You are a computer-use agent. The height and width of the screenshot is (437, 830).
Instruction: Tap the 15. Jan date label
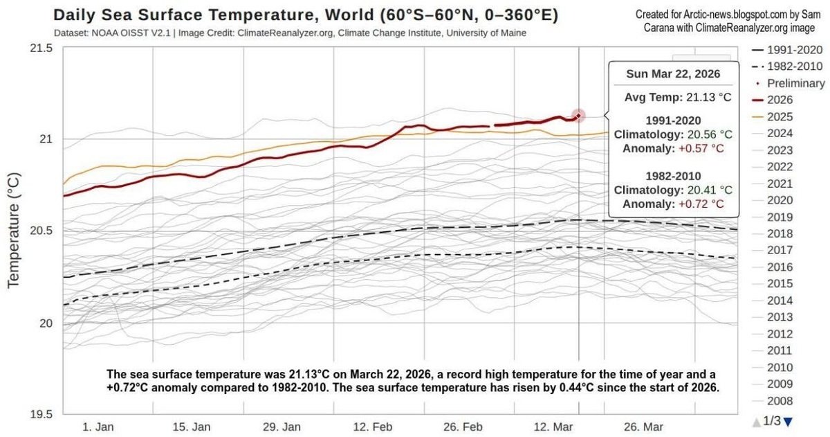192,427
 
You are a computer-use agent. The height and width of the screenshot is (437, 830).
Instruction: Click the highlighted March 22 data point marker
578,116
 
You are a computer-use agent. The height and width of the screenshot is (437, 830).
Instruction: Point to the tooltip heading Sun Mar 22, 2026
673,74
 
